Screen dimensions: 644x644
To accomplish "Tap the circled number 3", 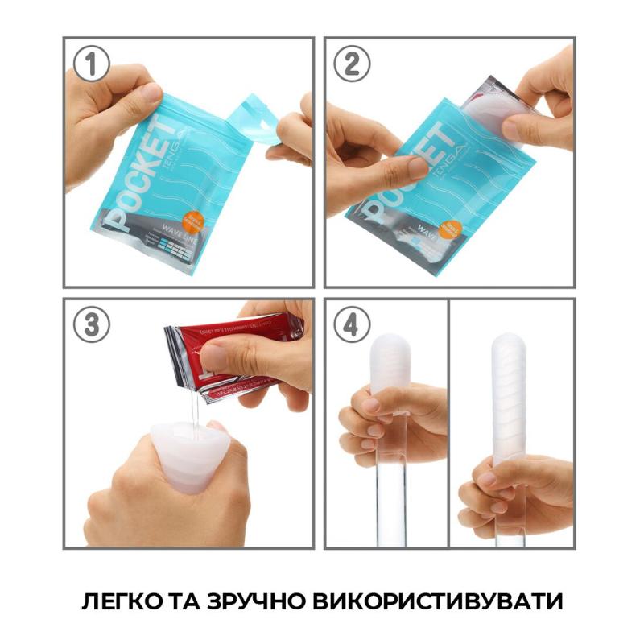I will [92, 326].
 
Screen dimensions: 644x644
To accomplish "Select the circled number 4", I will [353, 326].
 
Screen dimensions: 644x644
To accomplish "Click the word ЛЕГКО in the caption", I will [125, 601].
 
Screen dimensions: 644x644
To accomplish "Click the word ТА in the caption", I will [185, 601].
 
